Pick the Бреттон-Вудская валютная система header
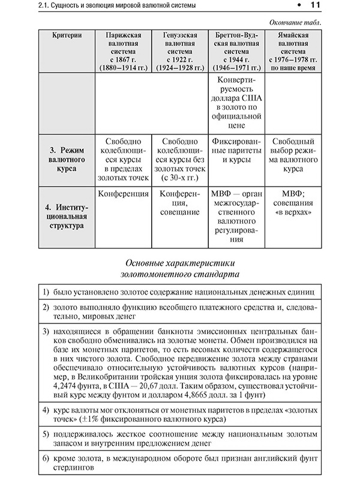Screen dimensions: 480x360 pos(236,51)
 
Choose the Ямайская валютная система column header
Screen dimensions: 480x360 pos(294,51)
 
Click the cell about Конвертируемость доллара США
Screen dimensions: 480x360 pos(236,103)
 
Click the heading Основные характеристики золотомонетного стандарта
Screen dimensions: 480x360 pos(180,268)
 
